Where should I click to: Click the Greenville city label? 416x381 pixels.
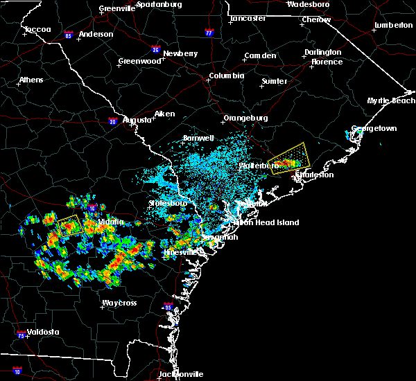116,8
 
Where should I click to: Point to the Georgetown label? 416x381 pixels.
374,129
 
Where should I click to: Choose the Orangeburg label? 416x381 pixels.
245,118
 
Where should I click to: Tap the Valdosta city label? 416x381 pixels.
39,332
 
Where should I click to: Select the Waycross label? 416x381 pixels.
119,303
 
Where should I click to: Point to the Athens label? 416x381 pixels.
31,80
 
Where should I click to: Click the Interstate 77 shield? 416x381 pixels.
209,32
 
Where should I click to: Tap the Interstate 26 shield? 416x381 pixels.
156,49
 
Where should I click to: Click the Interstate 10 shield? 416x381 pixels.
17,371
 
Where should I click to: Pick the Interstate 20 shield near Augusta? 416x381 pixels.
112,122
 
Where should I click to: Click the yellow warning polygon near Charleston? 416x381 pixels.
288,158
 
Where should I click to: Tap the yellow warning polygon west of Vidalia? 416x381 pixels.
69,226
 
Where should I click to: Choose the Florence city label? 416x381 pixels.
327,62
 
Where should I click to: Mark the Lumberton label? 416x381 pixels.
393,25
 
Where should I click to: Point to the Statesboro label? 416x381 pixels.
168,204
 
